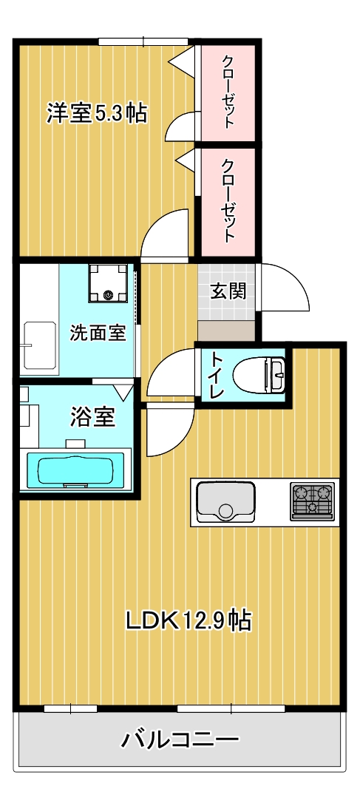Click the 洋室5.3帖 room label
tap(97, 113)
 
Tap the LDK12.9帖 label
tap(188, 619)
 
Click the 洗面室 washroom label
tap(98, 333)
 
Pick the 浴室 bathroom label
tap(92, 416)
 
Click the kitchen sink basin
tap(225, 501)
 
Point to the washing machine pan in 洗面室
tap(109, 283)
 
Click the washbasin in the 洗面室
tap(41, 344)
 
